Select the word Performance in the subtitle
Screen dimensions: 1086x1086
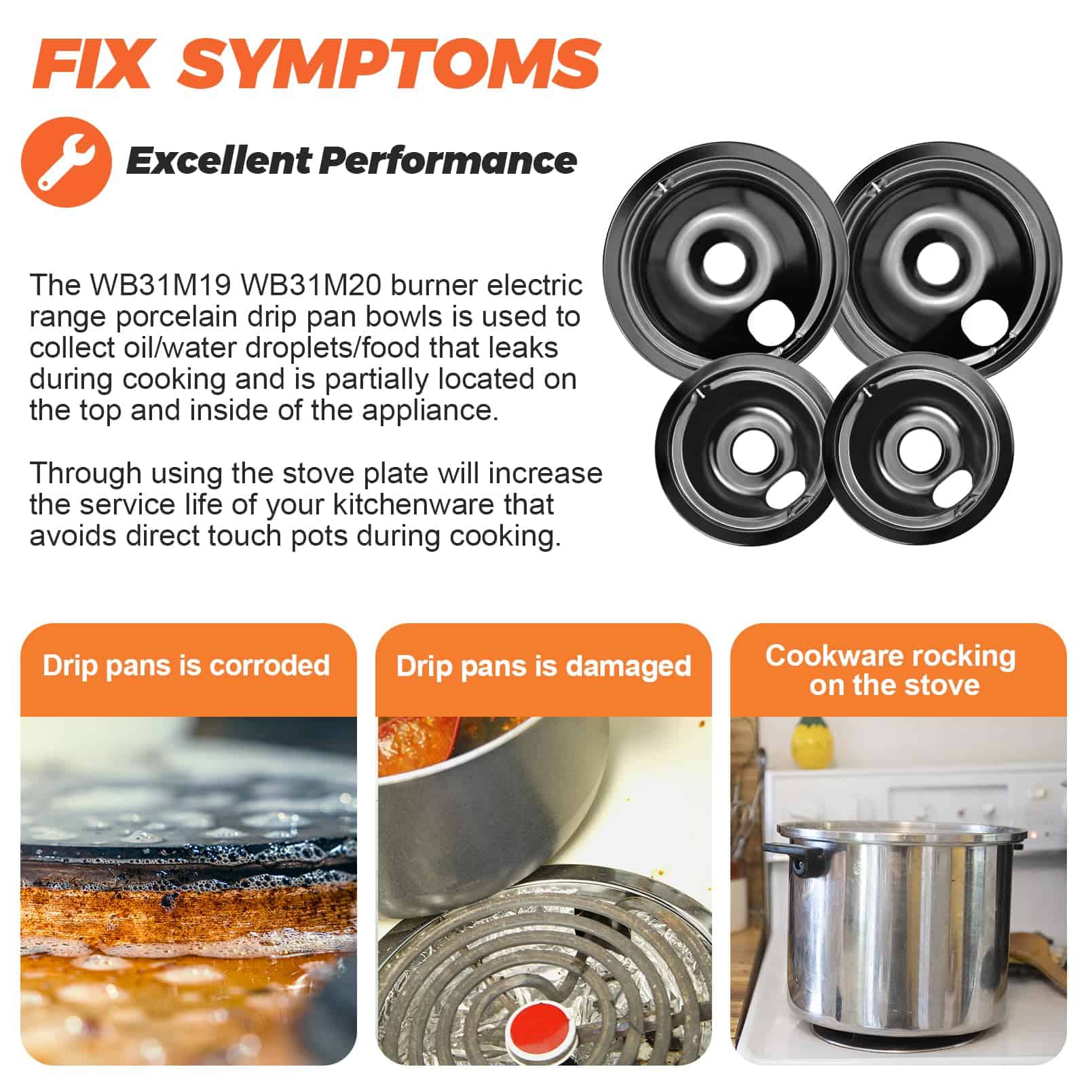tap(448, 161)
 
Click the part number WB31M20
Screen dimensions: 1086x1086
tap(312, 285)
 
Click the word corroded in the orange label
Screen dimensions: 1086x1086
tap(269, 666)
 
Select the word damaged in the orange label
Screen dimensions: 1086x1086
tap(629, 666)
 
